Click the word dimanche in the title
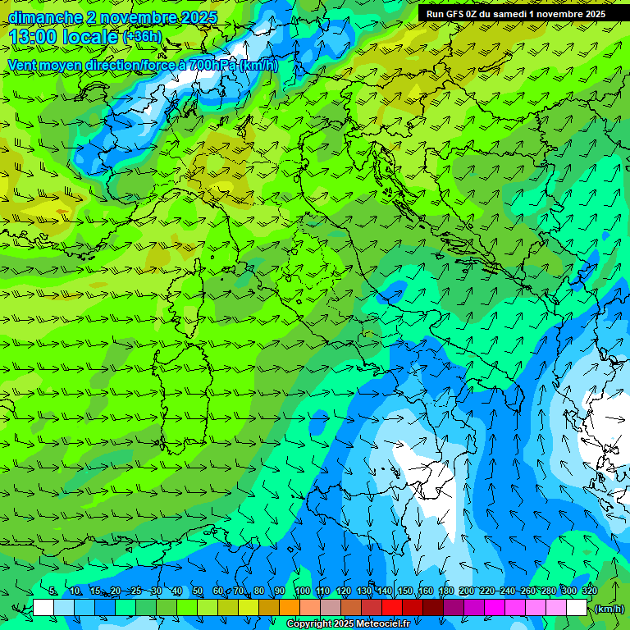pos(43,17)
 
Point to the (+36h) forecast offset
pos(142,37)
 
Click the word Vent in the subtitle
pos(23,65)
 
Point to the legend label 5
pos(53,591)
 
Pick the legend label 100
pos(302,591)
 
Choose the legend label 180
pos(445,591)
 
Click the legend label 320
pos(589,591)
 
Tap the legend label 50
pos(198,591)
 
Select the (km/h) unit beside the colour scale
pos(609,609)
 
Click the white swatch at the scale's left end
pos(43,608)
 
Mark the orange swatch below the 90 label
pos(290,608)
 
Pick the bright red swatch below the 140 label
pos(392,608)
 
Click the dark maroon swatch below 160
pos(433,608)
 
